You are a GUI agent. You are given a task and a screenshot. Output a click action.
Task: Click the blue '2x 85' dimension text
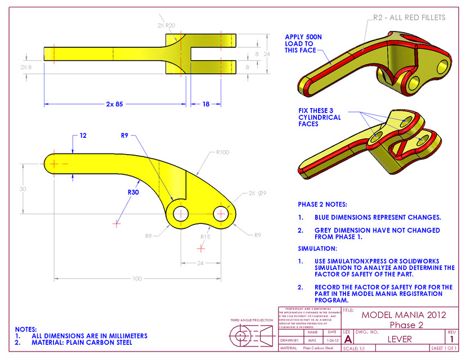[114, 104]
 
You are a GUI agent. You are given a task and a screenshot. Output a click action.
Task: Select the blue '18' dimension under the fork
[206, 104]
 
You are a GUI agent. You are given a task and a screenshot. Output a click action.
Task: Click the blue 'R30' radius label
[133, 192]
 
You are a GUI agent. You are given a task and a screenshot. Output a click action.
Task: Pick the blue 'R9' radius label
[125, 135]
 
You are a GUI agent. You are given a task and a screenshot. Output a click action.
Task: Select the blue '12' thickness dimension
[83, 136]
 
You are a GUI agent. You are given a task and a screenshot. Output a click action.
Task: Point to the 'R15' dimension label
[205, 237]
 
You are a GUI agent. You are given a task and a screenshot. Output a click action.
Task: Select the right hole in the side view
[220, 214]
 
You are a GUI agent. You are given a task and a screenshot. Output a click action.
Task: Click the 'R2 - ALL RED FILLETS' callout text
[409, 17]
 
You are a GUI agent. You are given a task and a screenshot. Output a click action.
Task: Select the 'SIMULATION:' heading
[317, 248]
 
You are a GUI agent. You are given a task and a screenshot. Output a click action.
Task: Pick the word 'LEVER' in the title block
[399, 339]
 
